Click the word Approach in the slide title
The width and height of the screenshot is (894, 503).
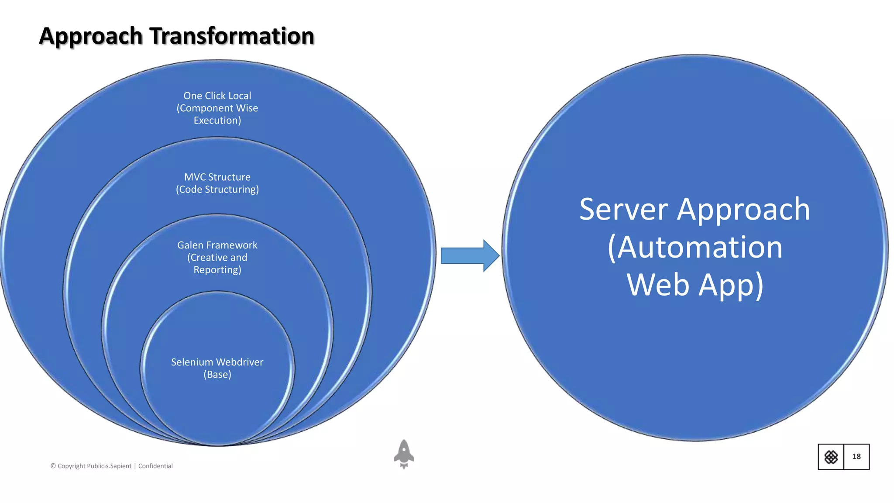tap(91, 37)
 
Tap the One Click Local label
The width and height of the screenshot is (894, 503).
tap(217, 96)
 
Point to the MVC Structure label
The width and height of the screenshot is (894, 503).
tap(217, 177)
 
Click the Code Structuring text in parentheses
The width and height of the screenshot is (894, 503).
tap(217, 189)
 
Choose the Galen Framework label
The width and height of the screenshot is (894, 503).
tap(217, 245)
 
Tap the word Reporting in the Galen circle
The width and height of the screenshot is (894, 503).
tap(217, 270)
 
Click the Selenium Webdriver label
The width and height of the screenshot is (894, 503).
tap(217, 362)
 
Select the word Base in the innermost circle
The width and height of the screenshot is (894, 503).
tap(217, 375)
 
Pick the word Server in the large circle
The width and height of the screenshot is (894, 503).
tap(623, 210)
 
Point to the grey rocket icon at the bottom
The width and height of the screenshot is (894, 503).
tap(404, 454)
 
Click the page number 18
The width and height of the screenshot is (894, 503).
tap(856, 457)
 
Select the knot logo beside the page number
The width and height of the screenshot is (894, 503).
tap(831, 457)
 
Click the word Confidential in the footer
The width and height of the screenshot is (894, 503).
tap(155, 466)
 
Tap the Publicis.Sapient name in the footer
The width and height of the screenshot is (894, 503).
tap(109, 466)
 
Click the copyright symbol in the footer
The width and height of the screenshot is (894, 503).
tap(53, 466)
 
